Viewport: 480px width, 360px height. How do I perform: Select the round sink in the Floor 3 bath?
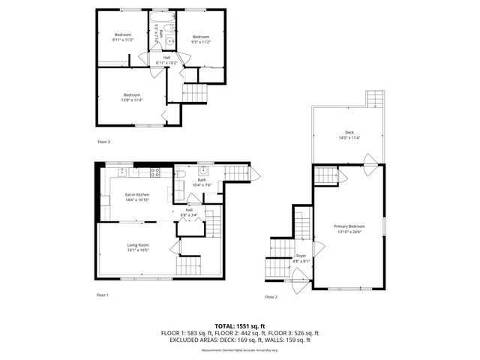(170, 41)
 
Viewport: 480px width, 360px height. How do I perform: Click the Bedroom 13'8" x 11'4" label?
(133, 97)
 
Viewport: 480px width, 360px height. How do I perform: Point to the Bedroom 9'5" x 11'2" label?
(200, 39)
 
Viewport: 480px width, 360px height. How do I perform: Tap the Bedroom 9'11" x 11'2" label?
(123, 37)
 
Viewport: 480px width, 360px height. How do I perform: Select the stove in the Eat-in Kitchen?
(155, 172)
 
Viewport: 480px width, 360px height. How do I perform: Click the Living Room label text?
(138, 247)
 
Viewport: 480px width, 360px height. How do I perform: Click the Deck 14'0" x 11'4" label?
(349, 135)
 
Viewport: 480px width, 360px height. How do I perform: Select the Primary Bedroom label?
(349, 229)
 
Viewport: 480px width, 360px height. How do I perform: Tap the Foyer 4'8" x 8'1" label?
(301, 259)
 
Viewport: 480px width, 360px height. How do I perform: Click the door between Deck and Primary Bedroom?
(369, 160)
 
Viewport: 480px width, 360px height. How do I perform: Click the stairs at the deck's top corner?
(374, 100)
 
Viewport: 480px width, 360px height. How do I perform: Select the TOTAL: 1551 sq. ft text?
(240, 326)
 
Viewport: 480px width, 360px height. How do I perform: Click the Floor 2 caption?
(271, 297)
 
